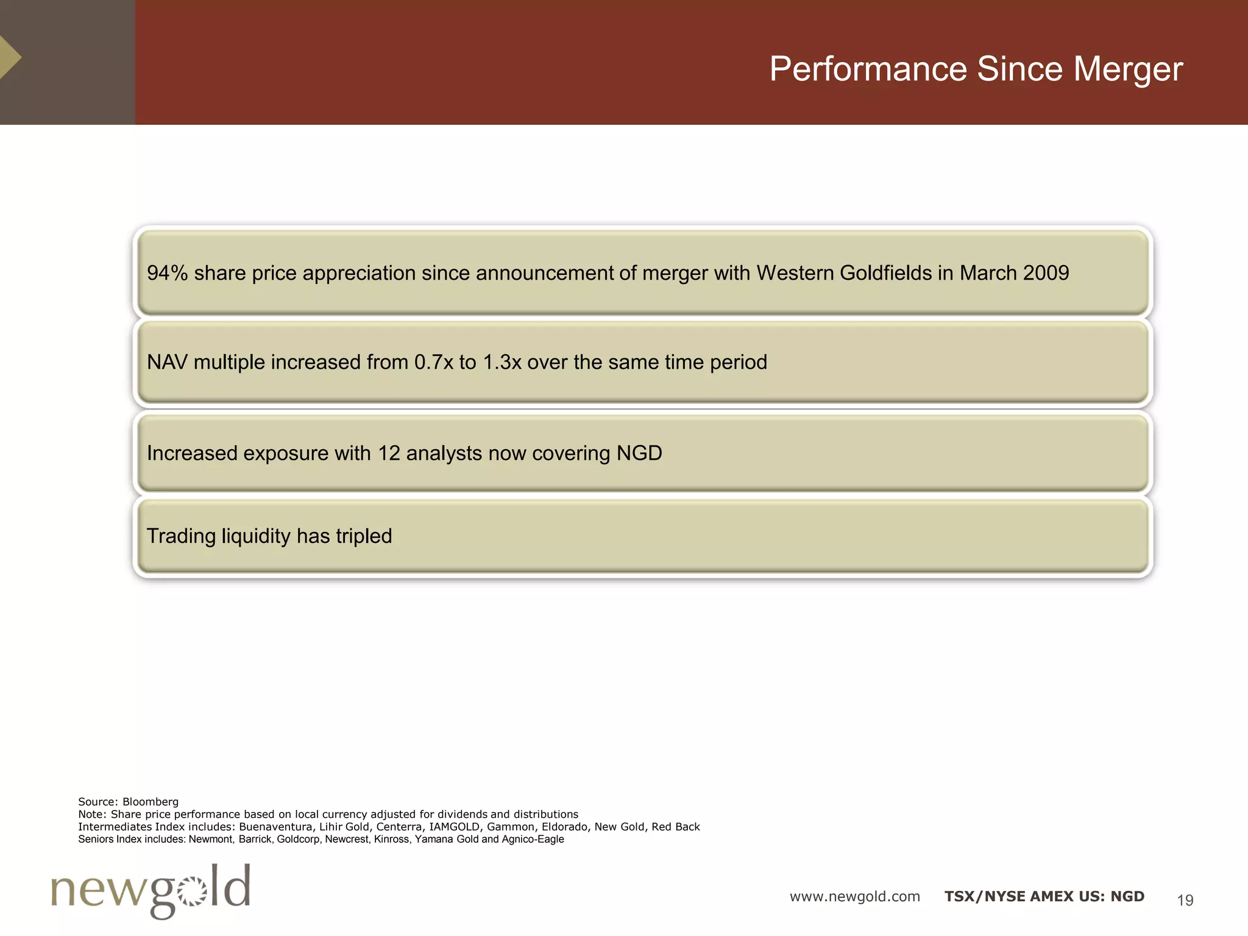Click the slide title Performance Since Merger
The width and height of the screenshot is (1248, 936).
pyautogui.click(x=976, y=69)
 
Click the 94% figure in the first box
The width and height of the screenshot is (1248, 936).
pyautogui.click(x=167, y=273)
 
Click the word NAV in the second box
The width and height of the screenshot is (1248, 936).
pyautogui.click(x=167, y=362)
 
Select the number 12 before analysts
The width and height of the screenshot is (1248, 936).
pyautogui.click(x=389, y=453)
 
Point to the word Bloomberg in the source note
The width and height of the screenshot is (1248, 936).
pyautogui.click(x=151, y=802)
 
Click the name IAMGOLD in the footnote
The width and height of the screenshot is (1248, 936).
pyautogui.click(x=454, y=827)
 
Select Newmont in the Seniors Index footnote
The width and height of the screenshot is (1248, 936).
pyautogui.click(x=211, y=840)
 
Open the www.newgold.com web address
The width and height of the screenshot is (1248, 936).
pyautogui.click(x=854, y=896)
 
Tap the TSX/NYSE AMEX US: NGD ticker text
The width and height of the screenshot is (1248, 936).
pyautogui.click(x=1044, y=896)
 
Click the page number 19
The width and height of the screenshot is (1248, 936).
pyautogui.click(x=1185, y=900)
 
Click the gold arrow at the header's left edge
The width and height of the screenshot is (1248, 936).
pyautogui.click(x=9, y=57)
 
